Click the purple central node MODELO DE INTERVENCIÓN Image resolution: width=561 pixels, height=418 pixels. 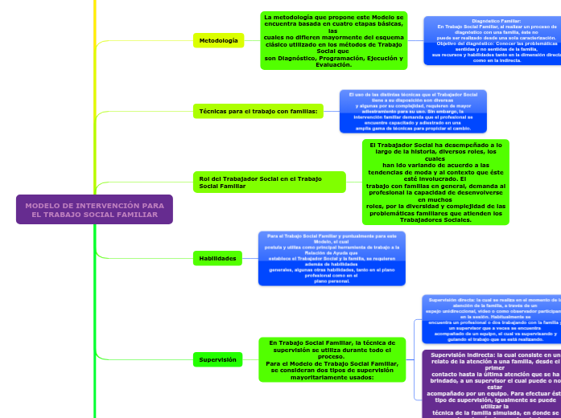pyautogui.click(x=93, y=210)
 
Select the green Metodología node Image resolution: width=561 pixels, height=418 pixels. pyautogui.click(x=217, y=40)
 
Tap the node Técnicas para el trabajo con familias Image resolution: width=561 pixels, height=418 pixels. pyautogui.click(x=258, y=111)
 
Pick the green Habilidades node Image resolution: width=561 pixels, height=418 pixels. pyautogui.click(x=217, y=258)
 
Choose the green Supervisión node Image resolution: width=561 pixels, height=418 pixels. pyautogui.click(x=217, y=359)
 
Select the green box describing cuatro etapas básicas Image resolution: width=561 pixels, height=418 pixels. pyautogui.click(x=333, y=40)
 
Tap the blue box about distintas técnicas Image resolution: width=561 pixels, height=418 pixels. pyautogui.click(x=413, y=111)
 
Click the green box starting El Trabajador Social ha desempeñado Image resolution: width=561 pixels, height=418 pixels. pyautogui.click(x=435, y=182)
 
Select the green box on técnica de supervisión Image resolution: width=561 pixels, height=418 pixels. pyautogui.click(x=332, y=359)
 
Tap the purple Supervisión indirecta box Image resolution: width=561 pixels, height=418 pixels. pyautogui.click(x=491, y=384)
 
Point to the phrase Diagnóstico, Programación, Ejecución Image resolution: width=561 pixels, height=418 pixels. pyautogui.click(x=333, y=58)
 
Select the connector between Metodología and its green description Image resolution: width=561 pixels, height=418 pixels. pyautogui.click(x=251, y=40)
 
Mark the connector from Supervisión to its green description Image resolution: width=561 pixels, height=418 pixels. pyautogui.click(x=251, y=359)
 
